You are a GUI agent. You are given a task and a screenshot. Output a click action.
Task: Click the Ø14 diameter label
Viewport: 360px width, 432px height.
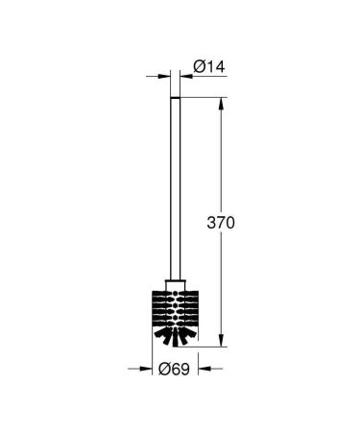pos(209,66)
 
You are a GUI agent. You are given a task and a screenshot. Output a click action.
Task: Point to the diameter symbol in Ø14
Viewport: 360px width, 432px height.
pos(199,66)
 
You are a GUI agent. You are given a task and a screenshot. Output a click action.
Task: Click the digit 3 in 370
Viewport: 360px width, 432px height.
pos(212,222)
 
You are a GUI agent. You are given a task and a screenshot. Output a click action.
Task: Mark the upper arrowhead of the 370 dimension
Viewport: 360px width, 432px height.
pos(222,102)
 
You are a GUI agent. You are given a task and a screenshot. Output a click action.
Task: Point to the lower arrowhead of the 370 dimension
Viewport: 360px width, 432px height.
pos(222,341)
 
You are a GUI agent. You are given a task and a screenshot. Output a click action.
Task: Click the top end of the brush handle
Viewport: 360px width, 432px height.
pos(176,99)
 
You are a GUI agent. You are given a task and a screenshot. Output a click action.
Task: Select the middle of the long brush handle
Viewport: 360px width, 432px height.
pos(176,192)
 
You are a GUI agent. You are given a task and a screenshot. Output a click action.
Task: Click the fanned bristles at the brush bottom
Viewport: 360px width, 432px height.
pos(176,336)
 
